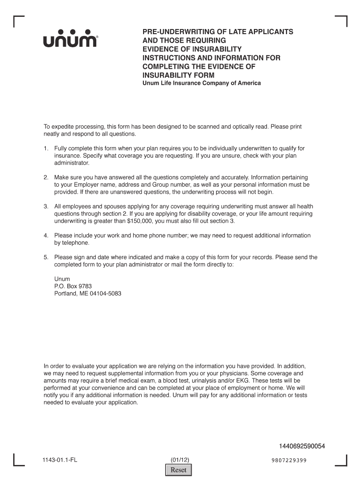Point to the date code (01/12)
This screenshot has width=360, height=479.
point(180,460)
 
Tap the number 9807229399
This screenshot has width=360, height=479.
point(288,460)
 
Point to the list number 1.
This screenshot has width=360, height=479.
point(46,148)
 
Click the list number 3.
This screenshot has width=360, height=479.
point(46,206)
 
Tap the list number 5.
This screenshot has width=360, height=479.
point(46,257)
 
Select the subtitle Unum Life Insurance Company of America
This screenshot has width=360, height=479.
point(202,83)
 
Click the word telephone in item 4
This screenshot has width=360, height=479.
point(76,243)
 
